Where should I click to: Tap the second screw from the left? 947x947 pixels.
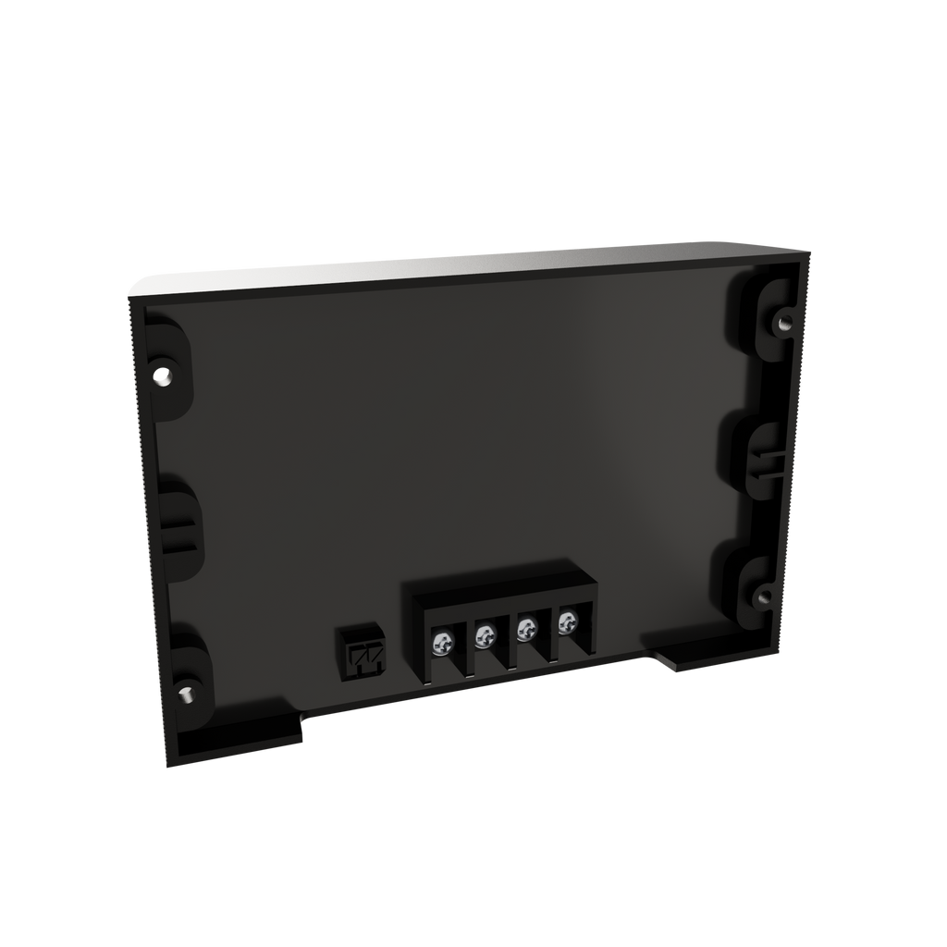tap(484, 635)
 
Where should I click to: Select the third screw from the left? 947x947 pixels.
tap(526, 630)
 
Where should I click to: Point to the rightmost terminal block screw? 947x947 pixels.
tap(566, 623)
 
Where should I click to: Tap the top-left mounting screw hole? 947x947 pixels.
tap(164, 377)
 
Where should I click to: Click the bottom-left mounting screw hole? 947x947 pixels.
tap(184, 692)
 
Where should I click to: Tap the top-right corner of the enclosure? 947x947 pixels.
tap(808, 252)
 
